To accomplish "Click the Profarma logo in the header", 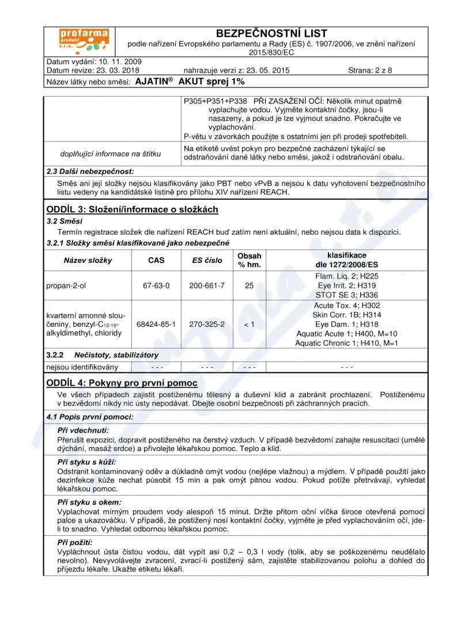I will [x=85, y=41].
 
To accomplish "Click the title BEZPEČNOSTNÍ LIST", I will [x=271, y=33].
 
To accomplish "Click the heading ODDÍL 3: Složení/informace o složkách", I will [x=132, y=209].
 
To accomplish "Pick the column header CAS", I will [x=156, y=260].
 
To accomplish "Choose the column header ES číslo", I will [x=207, y=260].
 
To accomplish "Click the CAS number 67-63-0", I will [x=156, y=285].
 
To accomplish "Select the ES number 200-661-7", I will [x=207, y=285].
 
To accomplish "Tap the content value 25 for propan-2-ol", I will [x=249, y=285].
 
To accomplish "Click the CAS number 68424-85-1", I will [x=156, y=325].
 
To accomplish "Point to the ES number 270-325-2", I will [x=207, y=325].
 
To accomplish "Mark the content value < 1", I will [x=249, y=325].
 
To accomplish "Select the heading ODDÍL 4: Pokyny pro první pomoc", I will [x=122, y=383].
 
